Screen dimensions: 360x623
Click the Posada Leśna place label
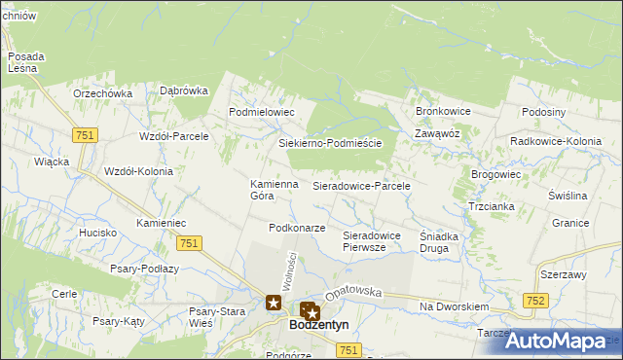(x=22, y=61)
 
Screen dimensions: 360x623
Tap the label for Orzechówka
(x=102, y=93)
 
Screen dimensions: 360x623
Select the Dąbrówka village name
(x=184, y=90)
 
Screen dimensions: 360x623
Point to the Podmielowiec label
(x=261, y=112)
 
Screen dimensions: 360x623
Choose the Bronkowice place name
(x=443, y=111)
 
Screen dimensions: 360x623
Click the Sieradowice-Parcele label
(x=361, y=185)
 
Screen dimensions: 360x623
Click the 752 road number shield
(x=533, y=303)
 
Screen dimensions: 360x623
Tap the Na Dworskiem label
(x=453, y=306)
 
